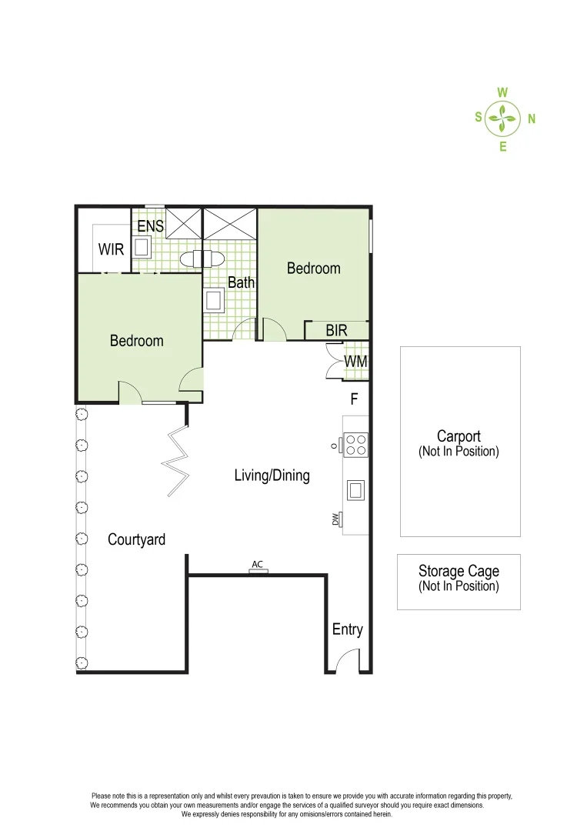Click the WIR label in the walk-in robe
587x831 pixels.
[x=111, y=250]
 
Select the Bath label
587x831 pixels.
[x=241, y=282]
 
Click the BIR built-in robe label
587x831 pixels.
[x=336, y=331]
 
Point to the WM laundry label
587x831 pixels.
[x=355, y=362]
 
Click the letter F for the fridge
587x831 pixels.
[x=354, y=399]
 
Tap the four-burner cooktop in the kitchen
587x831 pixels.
[x=355, y=445]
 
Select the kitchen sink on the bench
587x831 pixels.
[x=356, y=489]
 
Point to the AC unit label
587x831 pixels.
[x=257, y=565]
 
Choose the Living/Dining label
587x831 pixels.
[x=272, y=476]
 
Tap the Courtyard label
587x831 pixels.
[x=136, y=539]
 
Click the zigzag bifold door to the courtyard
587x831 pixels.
[x=176, y=462]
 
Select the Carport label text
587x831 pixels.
[x=459, y=436]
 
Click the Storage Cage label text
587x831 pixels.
[x=459, y=571]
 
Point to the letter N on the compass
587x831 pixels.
[x=532, y=119]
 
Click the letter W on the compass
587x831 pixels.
[x=502, y=92]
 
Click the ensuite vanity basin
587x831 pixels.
[x=142, y=247]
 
